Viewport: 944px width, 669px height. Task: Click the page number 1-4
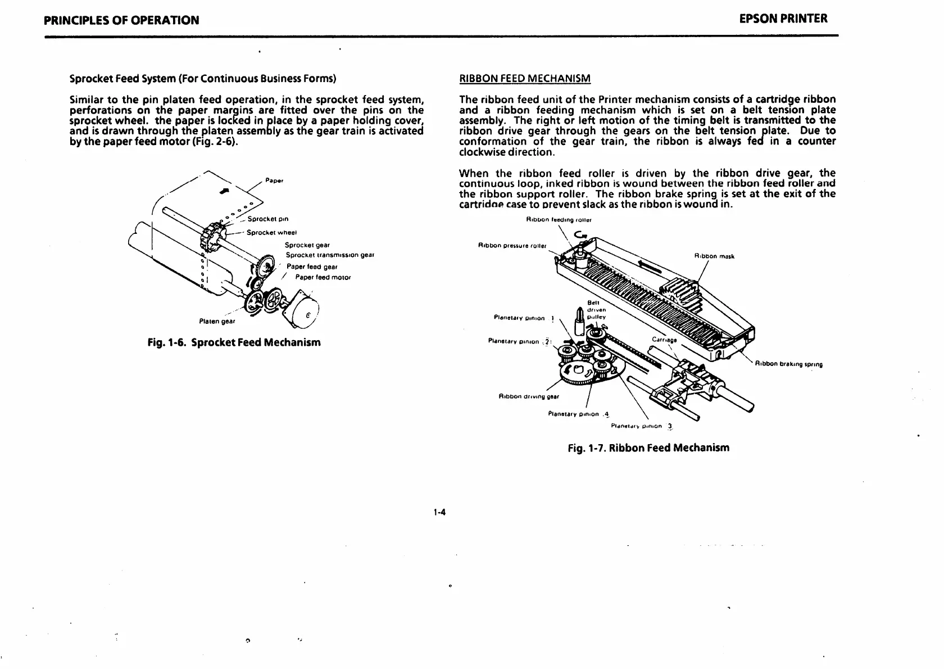439,512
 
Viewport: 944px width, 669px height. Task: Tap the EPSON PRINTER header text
783,19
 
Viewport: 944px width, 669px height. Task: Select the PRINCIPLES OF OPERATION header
121,20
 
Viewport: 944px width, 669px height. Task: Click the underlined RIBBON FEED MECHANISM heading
524,78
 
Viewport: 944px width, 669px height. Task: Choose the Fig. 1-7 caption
648,448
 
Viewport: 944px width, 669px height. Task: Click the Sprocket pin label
268,219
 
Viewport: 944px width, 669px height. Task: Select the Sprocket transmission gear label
330,255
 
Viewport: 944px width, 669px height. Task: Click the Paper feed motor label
323,277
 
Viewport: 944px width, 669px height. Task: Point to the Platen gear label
217,322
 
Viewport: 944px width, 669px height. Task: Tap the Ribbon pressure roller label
512,246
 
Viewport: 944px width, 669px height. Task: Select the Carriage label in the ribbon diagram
664,340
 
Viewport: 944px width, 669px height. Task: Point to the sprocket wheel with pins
212,237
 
